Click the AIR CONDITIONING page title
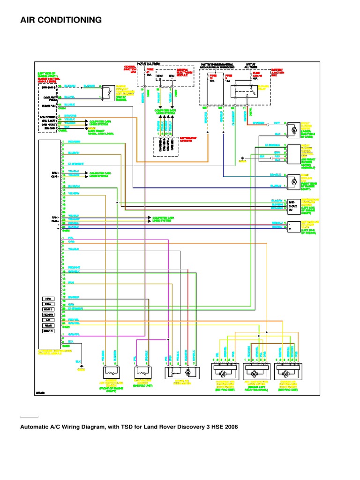[61, 20]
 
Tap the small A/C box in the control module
[48, 320]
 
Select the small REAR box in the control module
[48, 325]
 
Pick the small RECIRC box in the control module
[48, 315]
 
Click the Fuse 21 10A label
[150, 73]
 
